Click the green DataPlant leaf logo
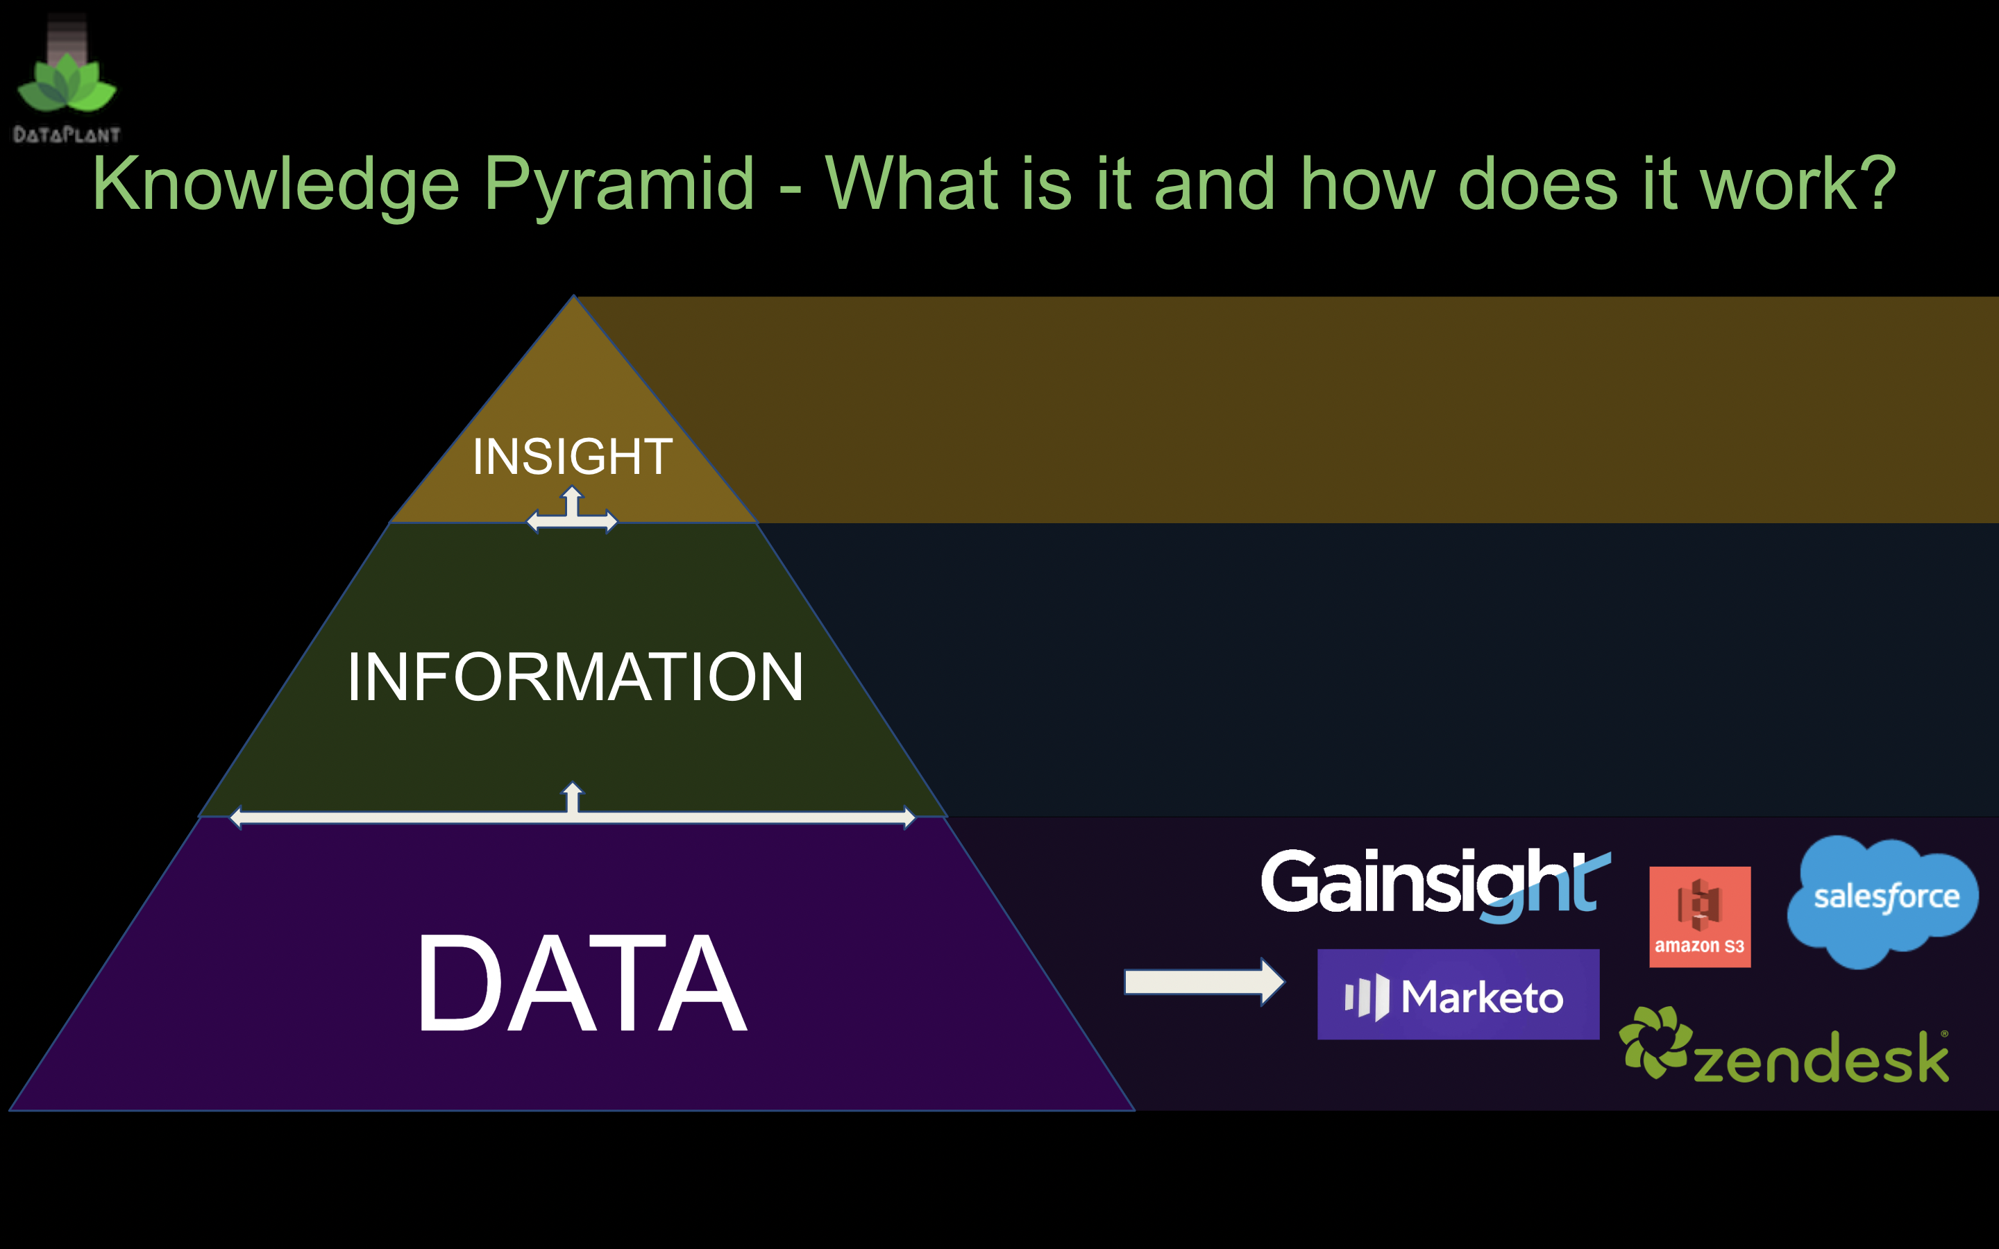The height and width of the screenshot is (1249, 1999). click(x=67, y=83)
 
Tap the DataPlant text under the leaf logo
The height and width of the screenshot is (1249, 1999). click(x=67, y=135)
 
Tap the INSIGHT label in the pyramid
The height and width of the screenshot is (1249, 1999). click(x=573, y=456)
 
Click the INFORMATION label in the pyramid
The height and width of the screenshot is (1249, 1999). click(x=575, y=677)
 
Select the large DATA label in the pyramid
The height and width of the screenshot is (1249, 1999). click(x=582, y=983)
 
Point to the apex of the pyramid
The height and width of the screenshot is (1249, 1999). click(x=573, y=296)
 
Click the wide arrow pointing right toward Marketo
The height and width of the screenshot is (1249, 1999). click(x=1204, y=982)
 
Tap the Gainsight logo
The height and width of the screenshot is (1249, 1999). click(x=1435, y=885)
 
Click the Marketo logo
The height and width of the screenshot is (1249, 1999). click(x=1458, y=994)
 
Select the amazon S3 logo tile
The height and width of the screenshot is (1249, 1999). click(x=1700, y=917)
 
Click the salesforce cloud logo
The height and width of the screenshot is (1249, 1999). click(x=1882, y=901)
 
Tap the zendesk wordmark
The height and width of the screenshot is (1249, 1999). click(x=1821, y=1057)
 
